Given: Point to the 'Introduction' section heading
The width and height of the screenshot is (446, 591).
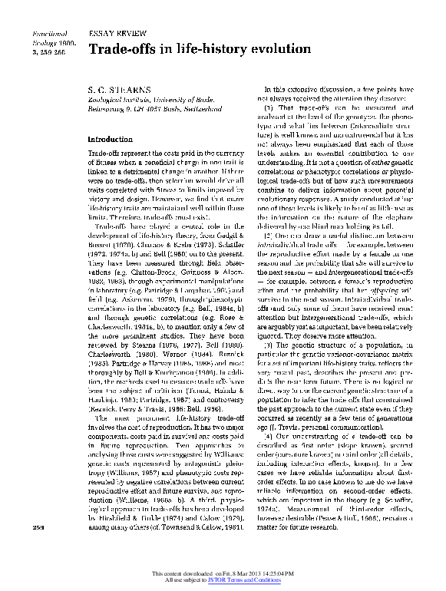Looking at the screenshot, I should click(x=111, y=140).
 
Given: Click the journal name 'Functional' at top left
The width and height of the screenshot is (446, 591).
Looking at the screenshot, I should click(x=47, y=35).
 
